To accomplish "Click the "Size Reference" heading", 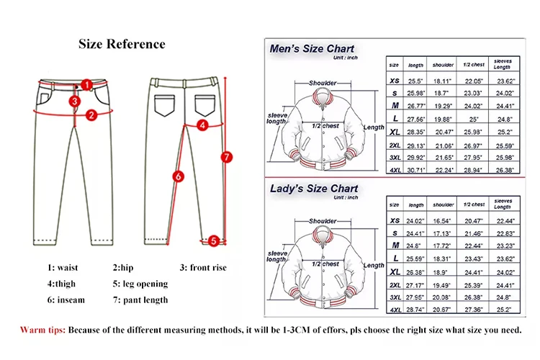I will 122,44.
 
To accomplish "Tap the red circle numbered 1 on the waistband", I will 86,84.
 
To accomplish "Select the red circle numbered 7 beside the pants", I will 225,156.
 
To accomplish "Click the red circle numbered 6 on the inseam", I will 179,175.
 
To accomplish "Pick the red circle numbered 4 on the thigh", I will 203,125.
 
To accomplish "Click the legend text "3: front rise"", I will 203,268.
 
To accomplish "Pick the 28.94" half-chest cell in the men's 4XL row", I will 472,169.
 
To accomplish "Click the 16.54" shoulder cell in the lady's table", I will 442,220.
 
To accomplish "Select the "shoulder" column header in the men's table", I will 442,64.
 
